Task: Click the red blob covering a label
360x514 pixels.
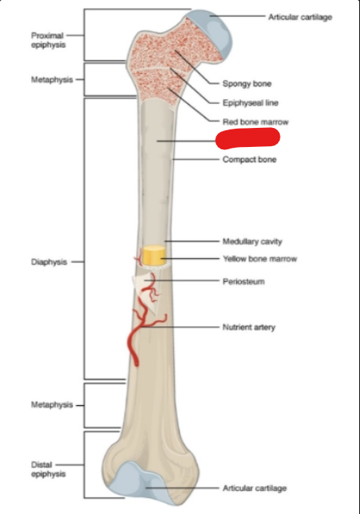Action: point(247,137)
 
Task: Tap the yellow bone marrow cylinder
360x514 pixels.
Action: point(153,255)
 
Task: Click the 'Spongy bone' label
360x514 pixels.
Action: point(247,83)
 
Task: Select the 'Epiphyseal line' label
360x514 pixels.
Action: point(250,102)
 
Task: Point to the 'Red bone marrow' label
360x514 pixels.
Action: point(255,122)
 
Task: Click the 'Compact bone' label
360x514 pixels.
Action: point(250,160)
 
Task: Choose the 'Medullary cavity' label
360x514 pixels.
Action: point(252,242)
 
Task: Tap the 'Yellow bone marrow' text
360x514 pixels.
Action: point(260,259)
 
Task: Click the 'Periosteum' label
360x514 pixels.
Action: point(244,281)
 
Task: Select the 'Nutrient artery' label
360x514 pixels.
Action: point(249,327)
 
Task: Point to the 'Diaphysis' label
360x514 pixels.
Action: point(49,262)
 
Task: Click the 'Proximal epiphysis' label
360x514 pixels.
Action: point(48,40)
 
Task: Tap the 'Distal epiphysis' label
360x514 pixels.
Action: point(48,470)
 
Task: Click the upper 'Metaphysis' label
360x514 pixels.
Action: point(52,79)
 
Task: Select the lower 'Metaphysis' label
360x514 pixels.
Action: point(52,405)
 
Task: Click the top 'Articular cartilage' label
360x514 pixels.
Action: point(300,17)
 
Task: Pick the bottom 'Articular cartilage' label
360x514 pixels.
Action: point(254,489)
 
